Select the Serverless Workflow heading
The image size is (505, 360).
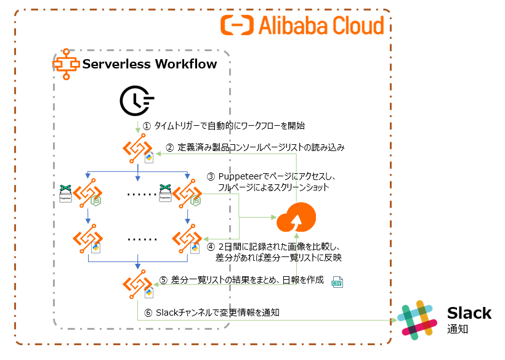click(150, 64)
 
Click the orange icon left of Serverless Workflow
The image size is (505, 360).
click(67, 63)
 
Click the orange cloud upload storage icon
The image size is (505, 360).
click(296, 218)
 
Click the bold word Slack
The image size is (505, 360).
click(469, 313)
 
